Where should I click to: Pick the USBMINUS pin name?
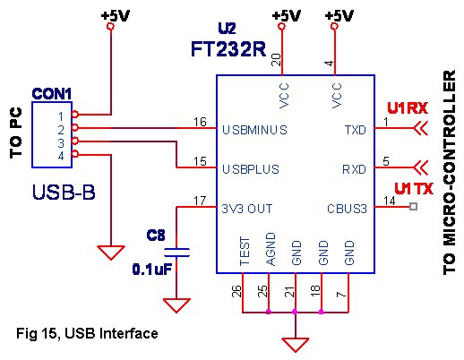click(253, 129)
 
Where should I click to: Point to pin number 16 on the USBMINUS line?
click(201, 121)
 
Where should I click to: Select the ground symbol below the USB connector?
click(111, 253)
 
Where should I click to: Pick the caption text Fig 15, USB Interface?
click(88, 333)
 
